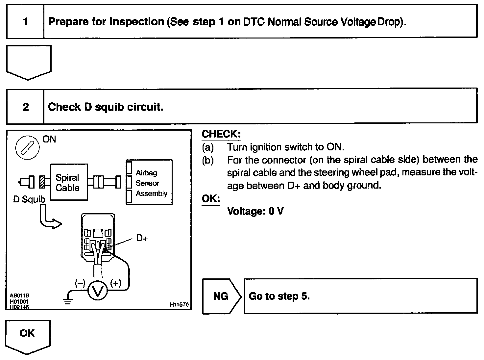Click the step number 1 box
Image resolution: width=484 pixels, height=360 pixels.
click(25, 22)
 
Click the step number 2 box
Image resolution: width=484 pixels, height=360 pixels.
click(25, 107)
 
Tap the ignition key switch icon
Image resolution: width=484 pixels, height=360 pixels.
click(27, 147)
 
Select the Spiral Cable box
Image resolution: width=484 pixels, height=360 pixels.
click(68, 182)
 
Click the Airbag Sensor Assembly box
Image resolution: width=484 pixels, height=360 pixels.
click(149, 182)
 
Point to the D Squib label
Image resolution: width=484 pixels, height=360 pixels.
click(29, 199)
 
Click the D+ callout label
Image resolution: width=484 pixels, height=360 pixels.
click(142, 238)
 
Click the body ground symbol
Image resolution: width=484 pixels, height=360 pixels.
click(67, 300)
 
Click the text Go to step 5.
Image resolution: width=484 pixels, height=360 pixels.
click(279, 296)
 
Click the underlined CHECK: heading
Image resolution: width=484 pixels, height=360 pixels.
click(221, 134)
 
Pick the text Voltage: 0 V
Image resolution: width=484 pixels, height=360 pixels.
click(255, 211)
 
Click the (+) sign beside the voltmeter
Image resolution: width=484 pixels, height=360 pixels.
click(116, 283)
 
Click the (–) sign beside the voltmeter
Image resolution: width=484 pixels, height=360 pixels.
click(80, 283)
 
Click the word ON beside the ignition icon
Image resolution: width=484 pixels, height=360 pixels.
click(49, 139)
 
